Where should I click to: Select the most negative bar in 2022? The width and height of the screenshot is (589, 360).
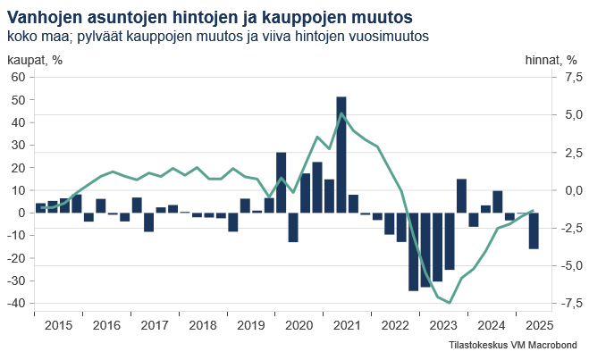point(413,251)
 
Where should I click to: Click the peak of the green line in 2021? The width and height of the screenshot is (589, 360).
point(341,113)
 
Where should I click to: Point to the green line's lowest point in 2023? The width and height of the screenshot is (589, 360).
point(450,303)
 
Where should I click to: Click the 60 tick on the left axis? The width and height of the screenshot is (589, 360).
point(17,78)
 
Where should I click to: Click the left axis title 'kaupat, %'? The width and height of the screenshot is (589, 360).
point(35,60)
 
